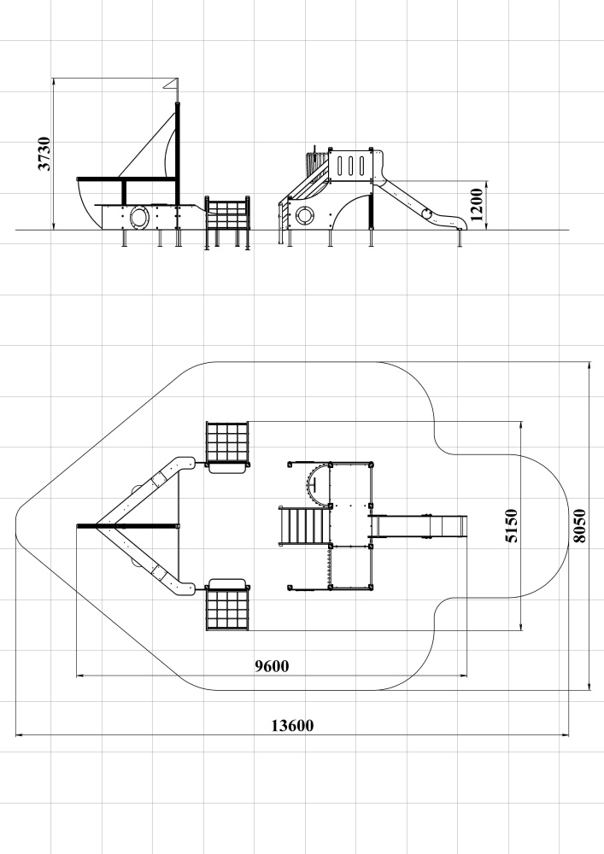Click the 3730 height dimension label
(44, 154)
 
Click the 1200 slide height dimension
(476, 205)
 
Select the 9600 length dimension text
(272, 665)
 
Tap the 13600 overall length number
(292, 725)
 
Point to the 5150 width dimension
(512, 525)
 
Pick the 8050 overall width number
(579, 525)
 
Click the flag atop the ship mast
(171, 85)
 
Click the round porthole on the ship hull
(138, 217)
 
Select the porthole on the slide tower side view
(304, 216)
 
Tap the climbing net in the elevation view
(227, 214)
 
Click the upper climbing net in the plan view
(227, 442)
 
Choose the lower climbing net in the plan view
(227, 610)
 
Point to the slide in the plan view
(419, 526)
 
